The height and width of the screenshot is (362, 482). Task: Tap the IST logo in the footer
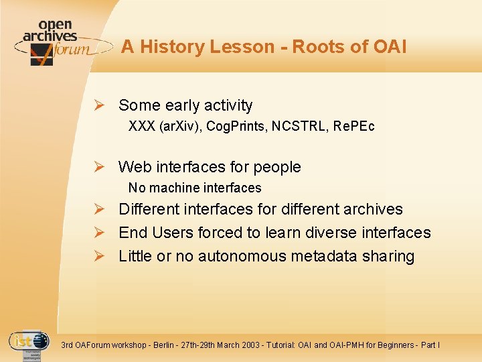tap(29, 344)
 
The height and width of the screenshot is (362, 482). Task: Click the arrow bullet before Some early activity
tap(98, 105)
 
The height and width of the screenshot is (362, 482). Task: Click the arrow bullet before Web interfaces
tap(98, 167)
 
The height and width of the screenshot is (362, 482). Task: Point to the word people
tap(275, 167)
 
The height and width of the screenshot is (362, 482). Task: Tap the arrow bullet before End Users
tap(98, 233)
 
